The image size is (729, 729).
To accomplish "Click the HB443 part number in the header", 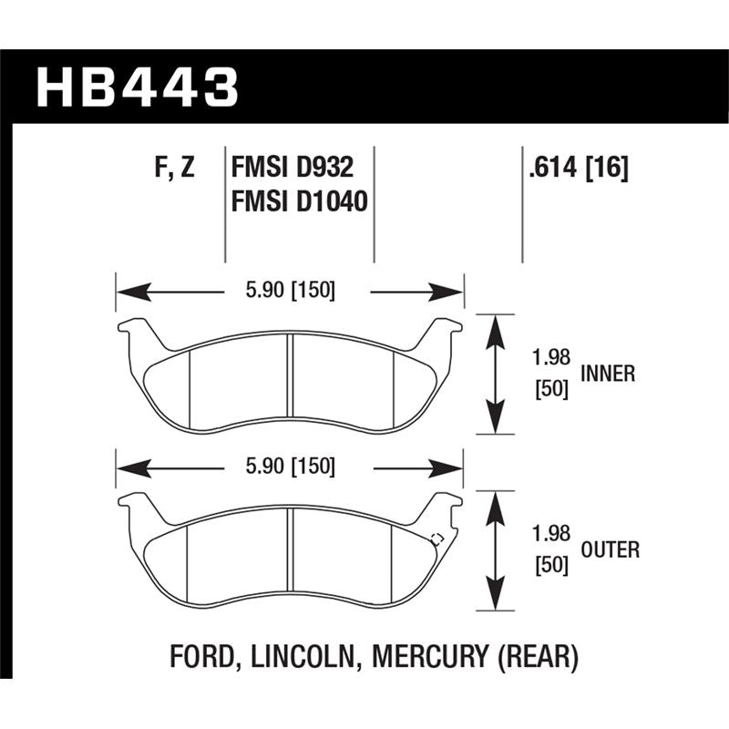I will pos(138,88).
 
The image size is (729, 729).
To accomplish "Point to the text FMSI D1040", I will pos(300,200).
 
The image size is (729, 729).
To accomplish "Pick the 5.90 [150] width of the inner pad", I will pos(290,292).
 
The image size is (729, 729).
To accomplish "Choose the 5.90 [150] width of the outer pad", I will pos(290,467).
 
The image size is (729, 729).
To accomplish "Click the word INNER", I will pos(608,374).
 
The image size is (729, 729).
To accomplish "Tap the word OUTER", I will pos(610,549).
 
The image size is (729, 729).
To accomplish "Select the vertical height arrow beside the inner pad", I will pos(493,375).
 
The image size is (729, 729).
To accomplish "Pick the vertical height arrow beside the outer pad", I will pos(493,550).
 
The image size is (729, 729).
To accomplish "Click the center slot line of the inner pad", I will pos(289,383).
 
